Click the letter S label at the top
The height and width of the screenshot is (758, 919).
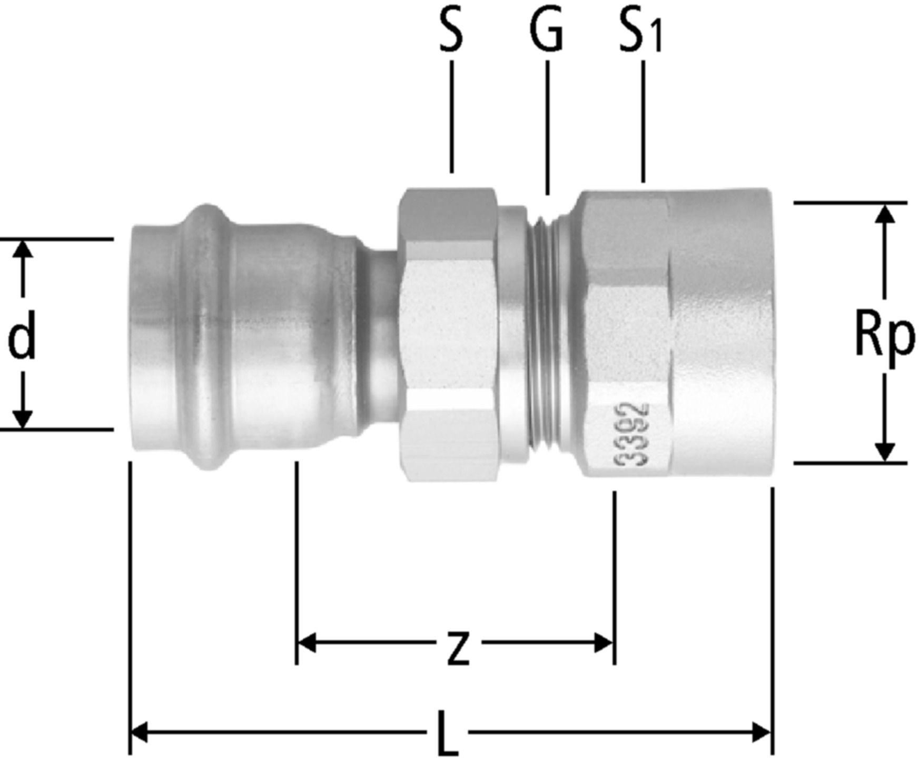click(451, 33)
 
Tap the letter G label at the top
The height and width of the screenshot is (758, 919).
click(547, 33)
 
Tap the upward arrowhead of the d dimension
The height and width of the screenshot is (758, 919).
click(22, 250)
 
